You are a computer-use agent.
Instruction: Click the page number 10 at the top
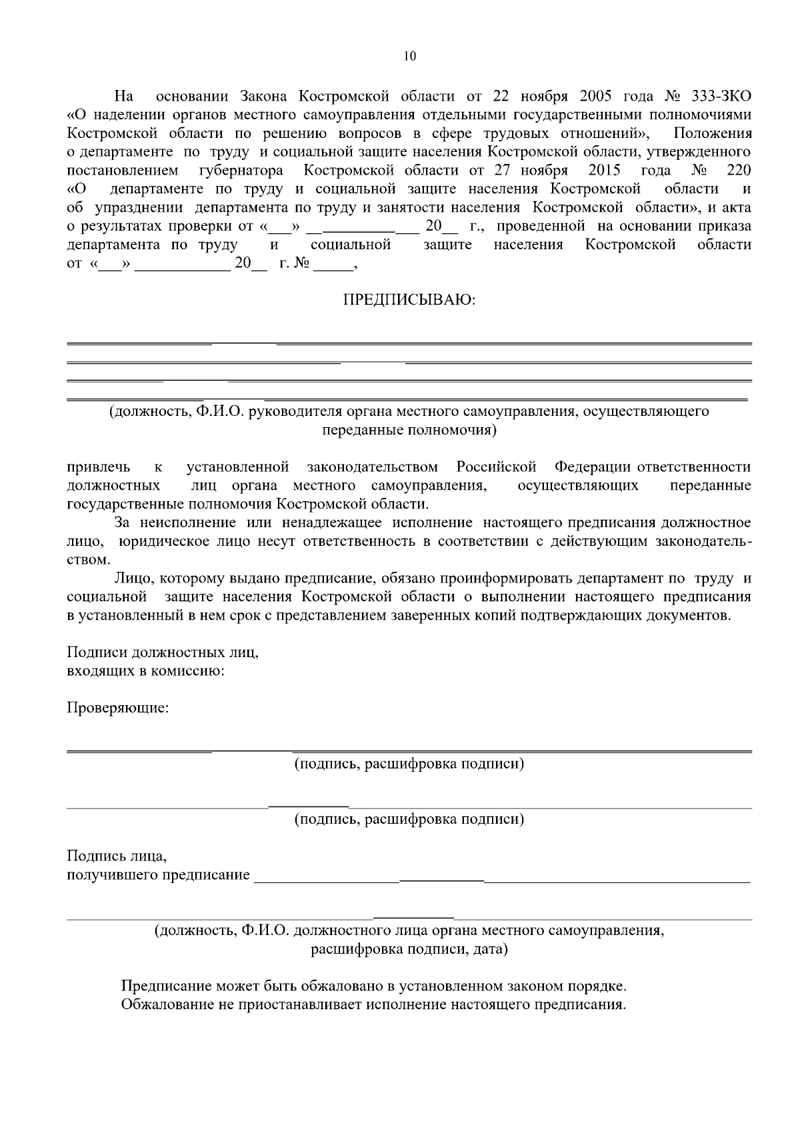(409, 57)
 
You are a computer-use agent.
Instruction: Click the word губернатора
(241, 170)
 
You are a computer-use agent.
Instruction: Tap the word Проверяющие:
(118, 707)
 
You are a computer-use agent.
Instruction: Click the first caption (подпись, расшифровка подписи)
(409, 764)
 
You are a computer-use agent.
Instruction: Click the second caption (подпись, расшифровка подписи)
(409, 819)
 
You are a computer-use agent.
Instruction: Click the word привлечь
(99, 467)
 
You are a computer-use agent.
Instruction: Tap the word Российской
(497, 467)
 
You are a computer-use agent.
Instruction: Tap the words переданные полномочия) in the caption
(409, 430)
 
